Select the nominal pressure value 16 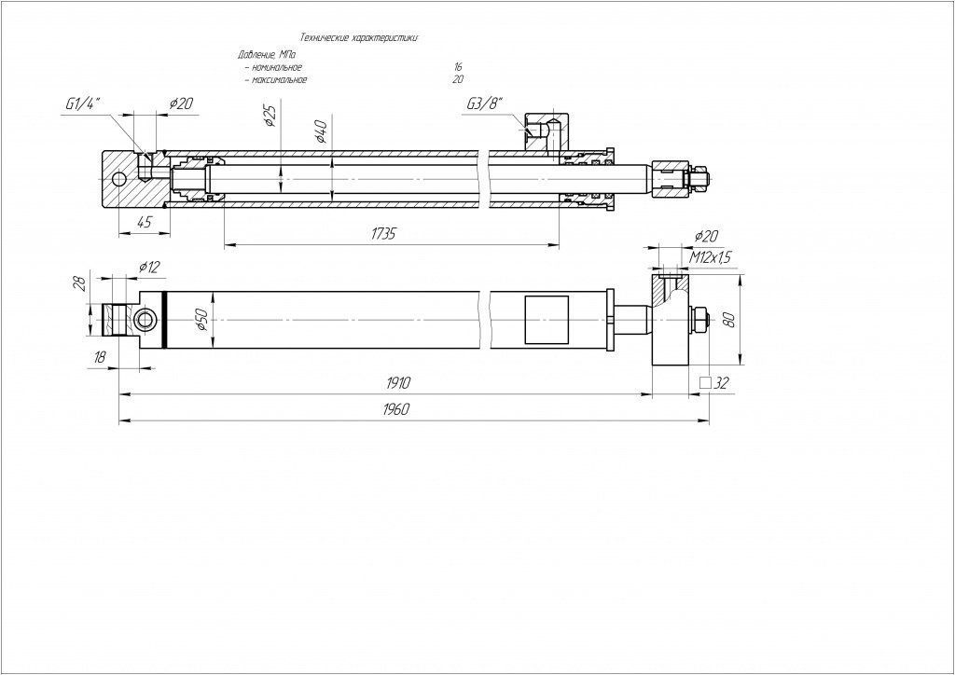[x=457, y=67]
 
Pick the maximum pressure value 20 [x=457, y=80]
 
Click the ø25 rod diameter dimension [x=270, y=116]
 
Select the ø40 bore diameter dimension [x=321, y=131]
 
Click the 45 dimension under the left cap [x=145, y=222]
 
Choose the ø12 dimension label [x=149, y=267]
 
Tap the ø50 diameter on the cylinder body [x=201, y=321]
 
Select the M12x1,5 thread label [x=710, y=256]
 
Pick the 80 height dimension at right [x=729, y=320]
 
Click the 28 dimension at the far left [x=80, y=283]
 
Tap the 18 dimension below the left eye [x=101, y=356]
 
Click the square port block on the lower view [x=546, y=320]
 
